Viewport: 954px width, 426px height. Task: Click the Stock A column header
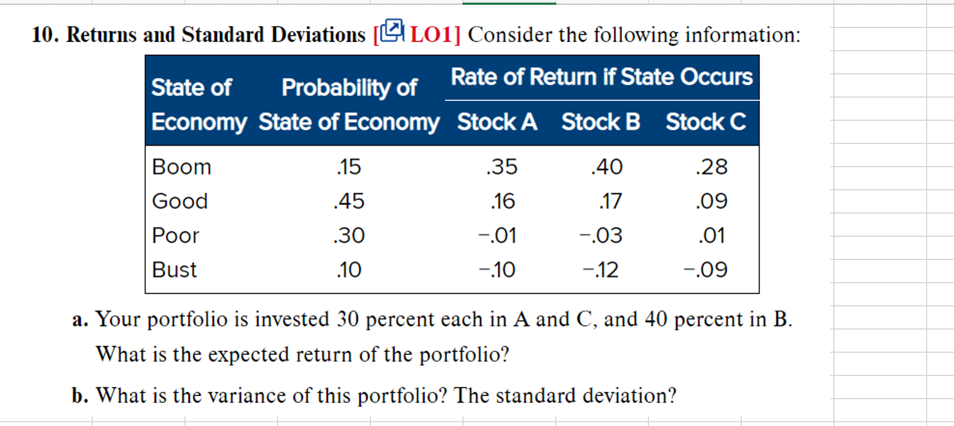coord(497,122)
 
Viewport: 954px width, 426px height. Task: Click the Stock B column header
coord(601,122)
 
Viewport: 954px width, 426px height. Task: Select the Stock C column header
coord(705,122)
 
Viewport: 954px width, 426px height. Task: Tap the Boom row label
coord(181,167)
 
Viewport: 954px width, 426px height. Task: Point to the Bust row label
coord(174,270)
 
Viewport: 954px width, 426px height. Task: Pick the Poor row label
coord(175,236)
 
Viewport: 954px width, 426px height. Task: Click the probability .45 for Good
coord(349,201)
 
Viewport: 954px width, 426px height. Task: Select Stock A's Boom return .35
coord(501,167)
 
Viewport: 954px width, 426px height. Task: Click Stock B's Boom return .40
coord(607,167)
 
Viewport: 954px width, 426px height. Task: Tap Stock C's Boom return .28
coord(712,167)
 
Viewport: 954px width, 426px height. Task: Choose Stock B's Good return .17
coord(611,201)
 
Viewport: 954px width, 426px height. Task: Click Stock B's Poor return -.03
coord(601,236)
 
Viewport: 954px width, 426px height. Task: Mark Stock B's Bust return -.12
coord(601,270)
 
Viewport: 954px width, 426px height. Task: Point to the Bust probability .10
coord(349,270)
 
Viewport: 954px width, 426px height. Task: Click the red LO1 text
coord(431,35)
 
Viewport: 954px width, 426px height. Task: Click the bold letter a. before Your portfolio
coord(80,319)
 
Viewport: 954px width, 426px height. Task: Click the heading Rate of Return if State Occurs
coord(602,77)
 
